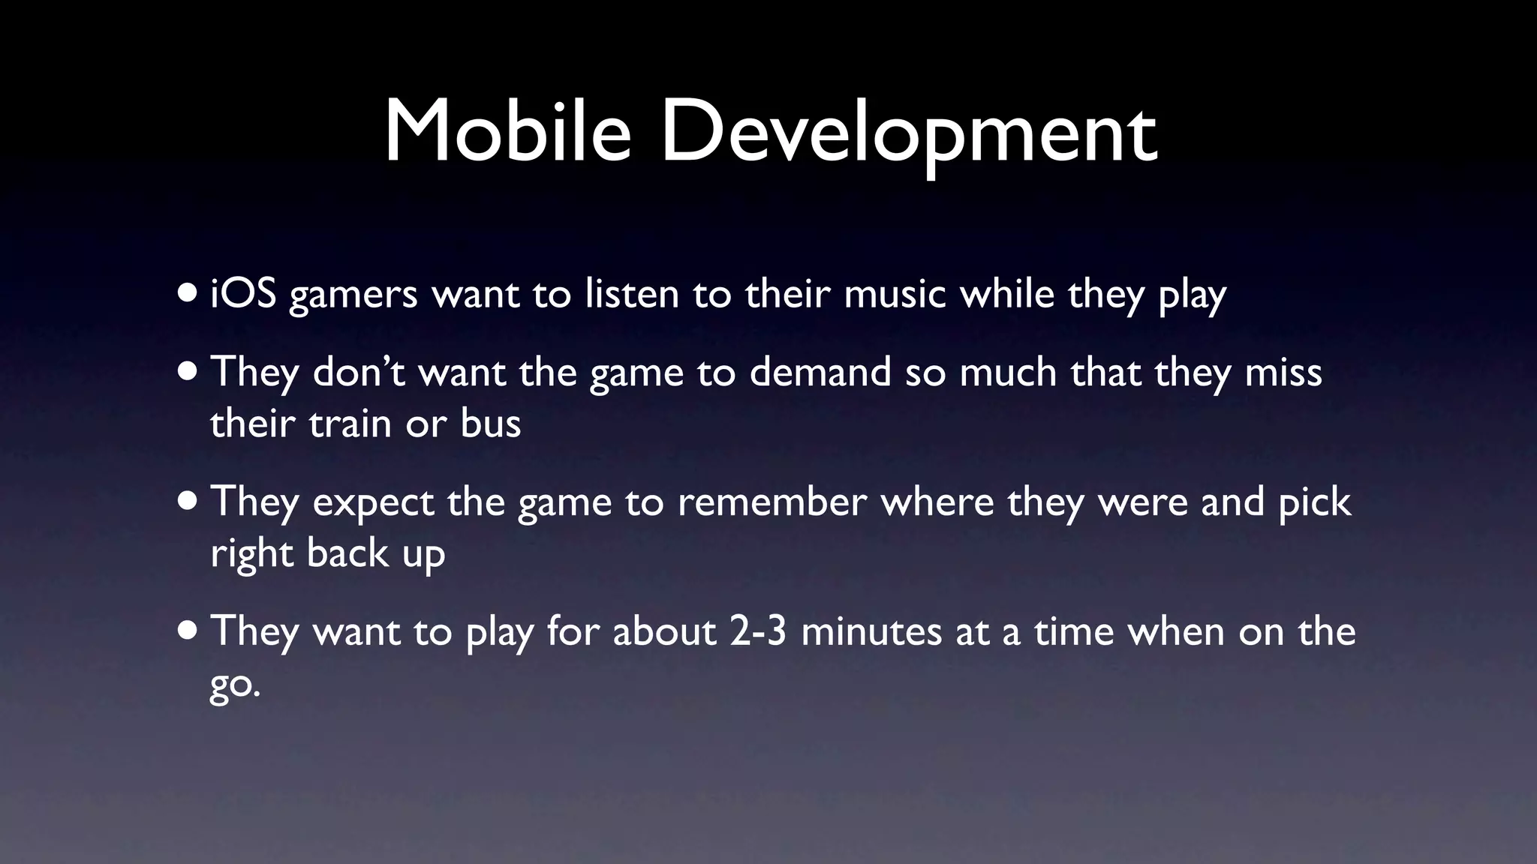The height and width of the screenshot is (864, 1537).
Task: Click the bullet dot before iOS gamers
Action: pos(188,292)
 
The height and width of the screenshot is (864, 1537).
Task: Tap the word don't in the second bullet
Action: pos(359,372)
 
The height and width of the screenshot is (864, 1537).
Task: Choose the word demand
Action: pos(820,372)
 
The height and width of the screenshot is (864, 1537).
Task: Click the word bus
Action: pos(490,424)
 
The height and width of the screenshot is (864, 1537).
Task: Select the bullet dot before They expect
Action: pos(188,500)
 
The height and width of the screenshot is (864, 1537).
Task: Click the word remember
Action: pos(772,502)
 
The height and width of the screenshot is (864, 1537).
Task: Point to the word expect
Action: pos(373,503)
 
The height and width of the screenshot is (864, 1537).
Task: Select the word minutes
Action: pos(871,631)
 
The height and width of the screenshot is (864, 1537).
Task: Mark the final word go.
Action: pos(234,684)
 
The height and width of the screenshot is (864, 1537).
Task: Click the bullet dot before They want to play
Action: pos(188,630)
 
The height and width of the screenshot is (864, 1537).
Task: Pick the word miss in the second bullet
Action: pos(1283,372)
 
